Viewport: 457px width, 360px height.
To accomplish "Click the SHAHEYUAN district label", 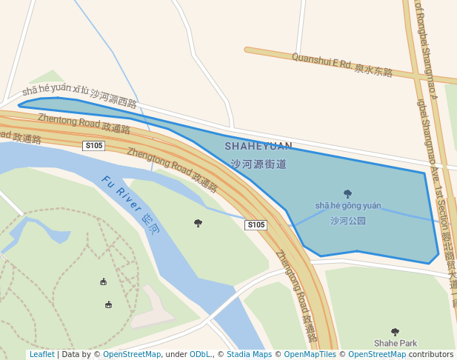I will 258,146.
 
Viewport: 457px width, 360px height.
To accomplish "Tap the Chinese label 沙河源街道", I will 258,164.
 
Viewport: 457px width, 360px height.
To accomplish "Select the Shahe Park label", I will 395,343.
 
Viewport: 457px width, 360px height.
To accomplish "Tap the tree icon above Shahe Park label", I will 395,332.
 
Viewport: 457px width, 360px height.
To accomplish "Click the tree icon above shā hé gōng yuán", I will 347,194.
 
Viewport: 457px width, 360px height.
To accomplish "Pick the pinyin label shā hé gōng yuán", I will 347,206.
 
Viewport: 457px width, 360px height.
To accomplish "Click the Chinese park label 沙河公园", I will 347,221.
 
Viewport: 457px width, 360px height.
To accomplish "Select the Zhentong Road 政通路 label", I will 84,124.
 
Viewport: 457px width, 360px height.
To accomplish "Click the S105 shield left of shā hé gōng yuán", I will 256,224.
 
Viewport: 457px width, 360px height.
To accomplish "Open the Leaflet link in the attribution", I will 41,355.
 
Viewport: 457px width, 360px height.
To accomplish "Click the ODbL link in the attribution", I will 200,355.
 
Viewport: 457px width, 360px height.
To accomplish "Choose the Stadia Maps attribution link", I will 249,355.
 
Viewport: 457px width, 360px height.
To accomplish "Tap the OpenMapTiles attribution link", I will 310,355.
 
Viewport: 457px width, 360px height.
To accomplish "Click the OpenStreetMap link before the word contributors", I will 377,355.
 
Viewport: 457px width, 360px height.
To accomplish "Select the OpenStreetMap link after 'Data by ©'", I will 132,355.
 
